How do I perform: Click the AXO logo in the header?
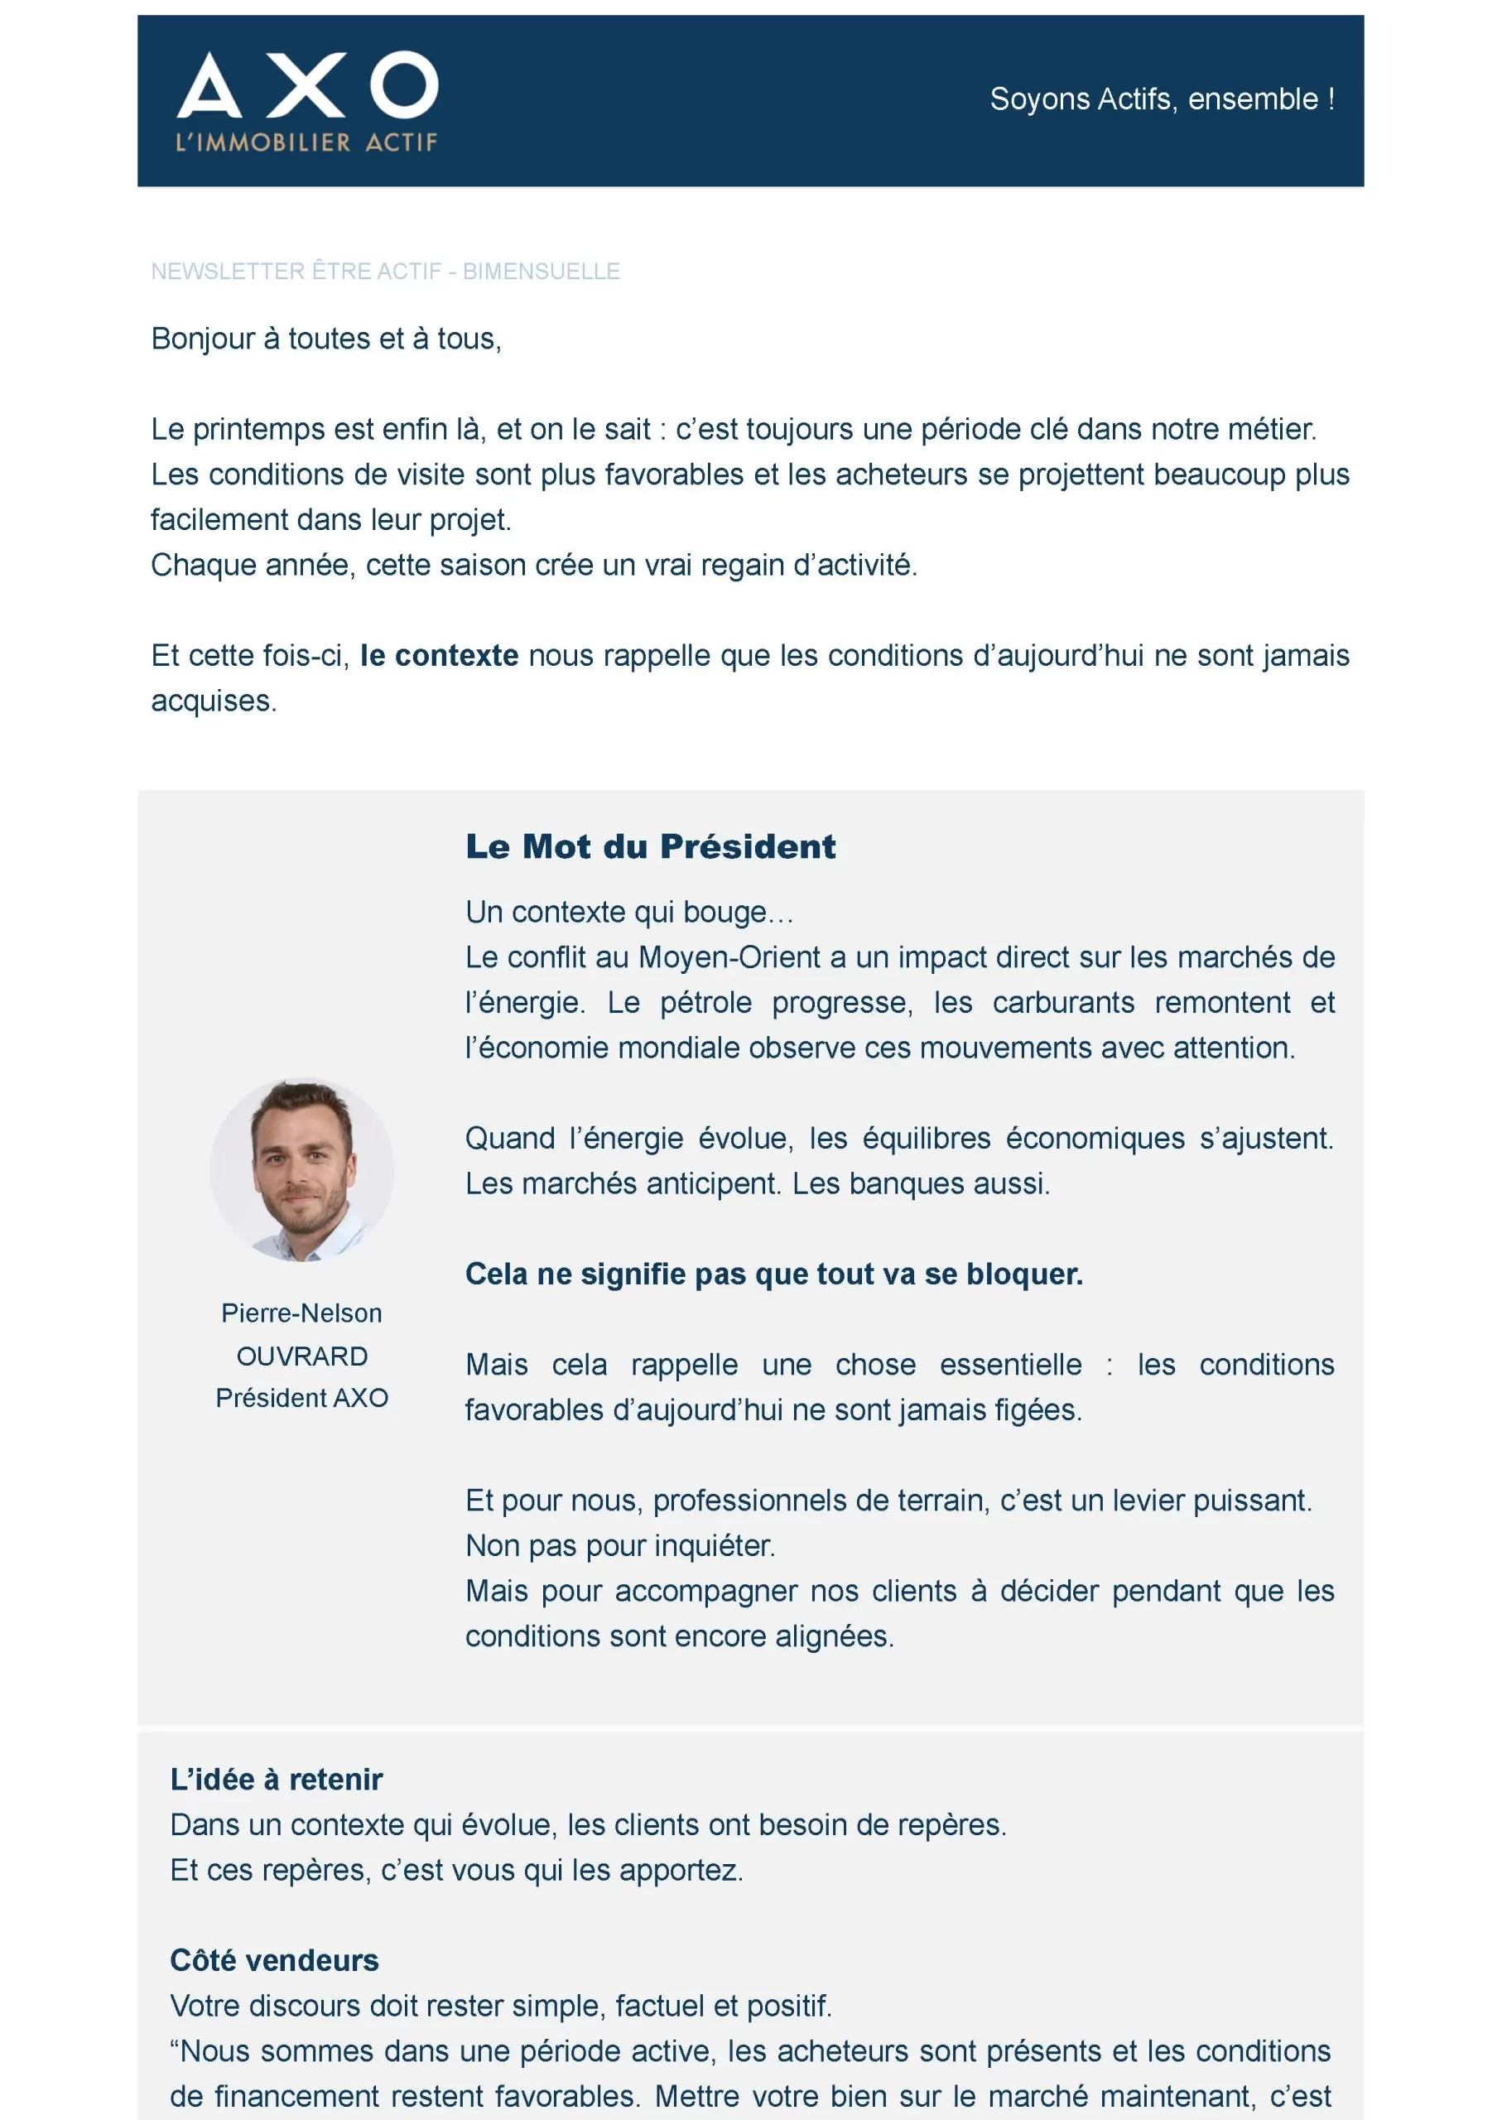[x=307, y=85]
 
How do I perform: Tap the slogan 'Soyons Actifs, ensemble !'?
[x=1162, y=99]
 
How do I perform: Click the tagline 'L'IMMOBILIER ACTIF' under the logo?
[x=306, y=142]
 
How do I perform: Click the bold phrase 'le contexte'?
[x=440, y=656]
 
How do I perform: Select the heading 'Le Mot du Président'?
[x=650, y=846]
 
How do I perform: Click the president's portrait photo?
[x=301, y=1169]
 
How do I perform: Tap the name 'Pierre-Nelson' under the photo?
[x=301, y=1313]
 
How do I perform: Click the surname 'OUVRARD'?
[x=301, y=1356]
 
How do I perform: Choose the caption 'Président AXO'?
[x=301, y=1398]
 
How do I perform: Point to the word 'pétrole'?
[x=705, y=1003]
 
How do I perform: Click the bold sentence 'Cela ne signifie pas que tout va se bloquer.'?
[x=774, y=1274]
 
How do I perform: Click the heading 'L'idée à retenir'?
[x=276, y=1780]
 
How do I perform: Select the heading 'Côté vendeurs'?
[x=274, y=1961]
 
